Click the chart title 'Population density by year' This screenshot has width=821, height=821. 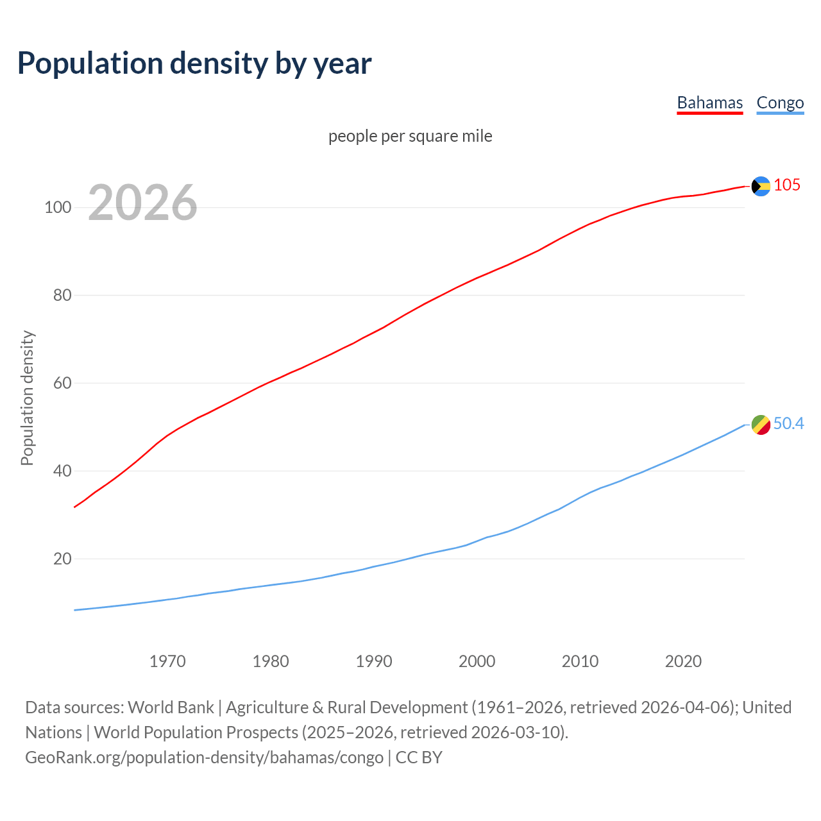(x=194, y=63)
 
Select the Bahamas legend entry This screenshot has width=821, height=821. (x=709, y=103)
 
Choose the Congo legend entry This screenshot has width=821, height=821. (x=780, y=103)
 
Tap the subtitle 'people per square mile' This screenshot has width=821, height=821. (x=410, y=136)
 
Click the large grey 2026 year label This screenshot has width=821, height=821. (x=142, y=203)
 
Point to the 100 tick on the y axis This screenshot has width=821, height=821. (x=58, y=208)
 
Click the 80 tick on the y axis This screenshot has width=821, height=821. (x=62, y=296)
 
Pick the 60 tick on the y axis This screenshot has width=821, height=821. (x=62, y=384)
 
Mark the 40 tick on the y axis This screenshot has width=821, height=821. (x=62, y=471)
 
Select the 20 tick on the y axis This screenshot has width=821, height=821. (x=62, y=559)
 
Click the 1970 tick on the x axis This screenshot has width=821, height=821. (x=167, y=661)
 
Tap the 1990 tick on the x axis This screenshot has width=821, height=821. (x=374, y=661)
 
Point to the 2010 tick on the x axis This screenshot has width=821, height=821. (x=580, y=661)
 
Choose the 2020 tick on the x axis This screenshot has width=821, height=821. (x=683, y=661)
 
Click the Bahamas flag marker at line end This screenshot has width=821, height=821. (x=761, y=186)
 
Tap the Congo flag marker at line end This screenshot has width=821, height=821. (x=761, y=425)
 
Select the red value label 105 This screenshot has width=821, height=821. (x=787, y=185)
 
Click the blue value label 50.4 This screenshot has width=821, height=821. (x=788, y=424)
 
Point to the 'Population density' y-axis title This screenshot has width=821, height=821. (x=27, y=398)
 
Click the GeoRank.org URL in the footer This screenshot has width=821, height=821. (x=204, y=758)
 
